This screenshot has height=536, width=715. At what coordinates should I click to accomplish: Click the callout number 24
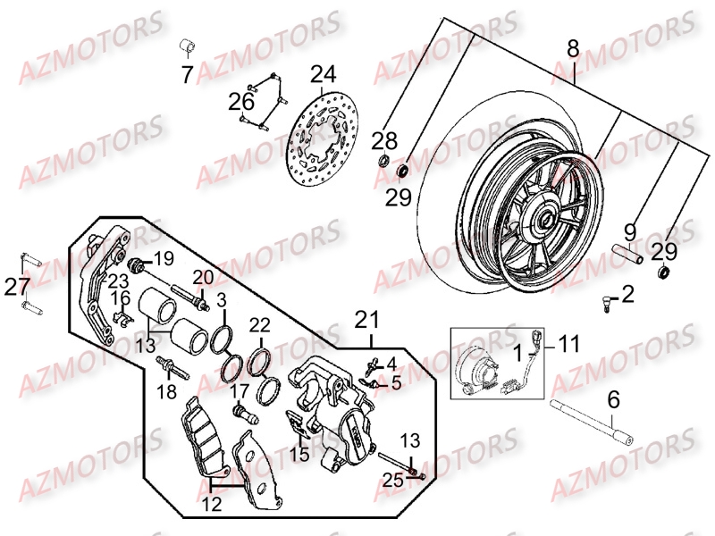[323, 74]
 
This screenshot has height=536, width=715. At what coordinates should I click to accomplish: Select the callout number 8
[573, 46]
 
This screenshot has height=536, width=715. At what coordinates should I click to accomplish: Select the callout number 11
[570, 341]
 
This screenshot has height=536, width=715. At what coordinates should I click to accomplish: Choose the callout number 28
[383, 140]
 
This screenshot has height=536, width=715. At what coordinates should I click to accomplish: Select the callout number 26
[241, 102]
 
